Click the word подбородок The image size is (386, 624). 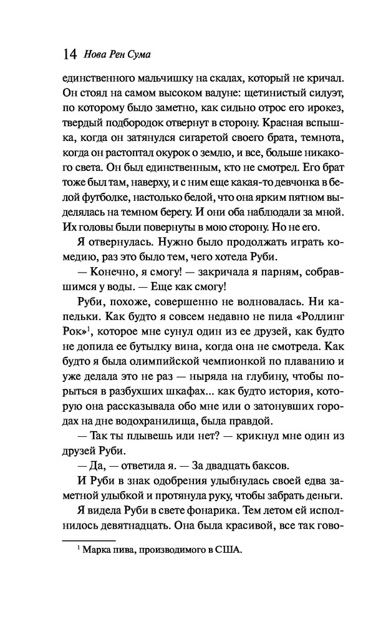coord(134,124)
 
